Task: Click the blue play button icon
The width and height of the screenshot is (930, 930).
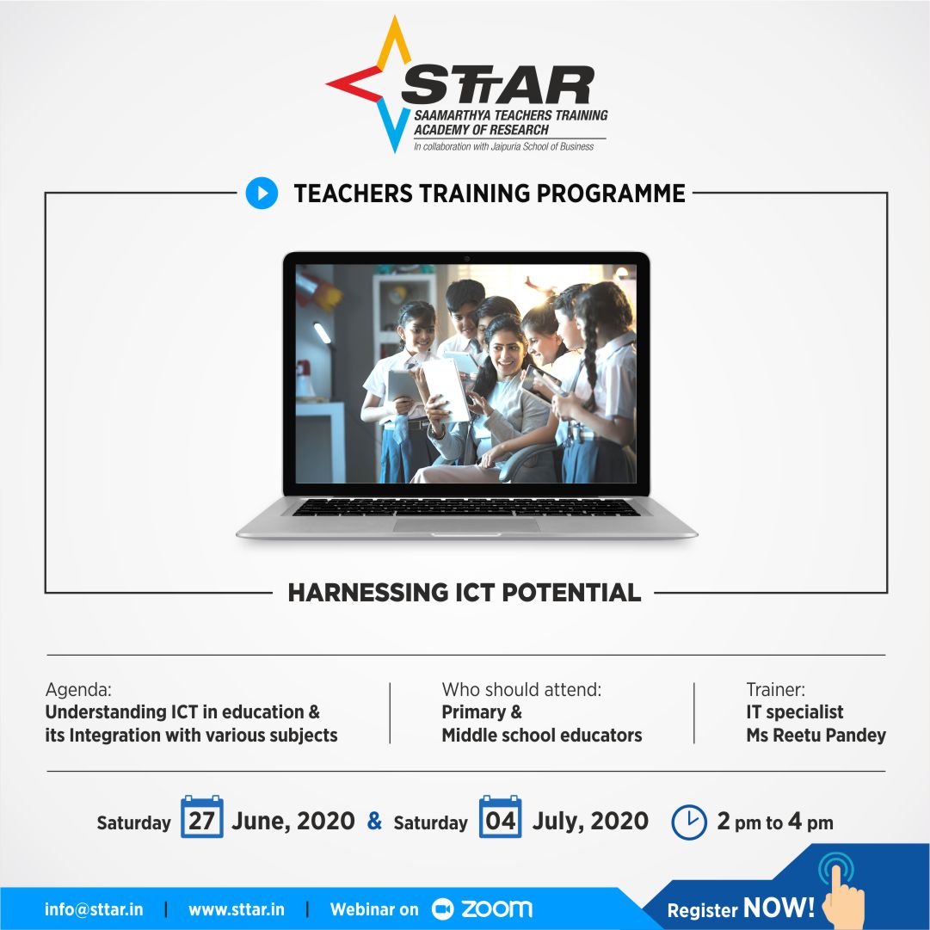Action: (x=262, y=193)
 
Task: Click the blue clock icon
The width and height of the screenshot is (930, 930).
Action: (x=688, y=822)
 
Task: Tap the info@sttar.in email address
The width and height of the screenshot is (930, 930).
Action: (x=94, y=909)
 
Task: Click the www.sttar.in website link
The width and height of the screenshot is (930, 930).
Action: (x=236, y=909)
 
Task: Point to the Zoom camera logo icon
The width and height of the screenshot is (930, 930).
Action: (x=442, y=909)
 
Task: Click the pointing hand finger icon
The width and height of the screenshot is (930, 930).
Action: (x=841, y=890)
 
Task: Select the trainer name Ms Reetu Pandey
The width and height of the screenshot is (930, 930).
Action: (x=816, y=736)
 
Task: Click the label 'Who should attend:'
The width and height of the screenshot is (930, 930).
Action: (x=521, y=689)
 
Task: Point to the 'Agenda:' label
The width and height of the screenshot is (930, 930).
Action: (x=78, y=689)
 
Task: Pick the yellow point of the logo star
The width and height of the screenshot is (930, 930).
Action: (x=395, y=43)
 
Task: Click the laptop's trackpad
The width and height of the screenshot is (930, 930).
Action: (x=466, y=524)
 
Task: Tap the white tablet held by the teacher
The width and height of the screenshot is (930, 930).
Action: (x=446, y=389)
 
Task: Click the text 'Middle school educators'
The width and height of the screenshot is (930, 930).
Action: (x=542, y=736)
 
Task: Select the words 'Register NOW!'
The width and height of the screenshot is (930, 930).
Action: (x=741, y=908)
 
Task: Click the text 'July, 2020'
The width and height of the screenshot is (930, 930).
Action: (x=590, y=821)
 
